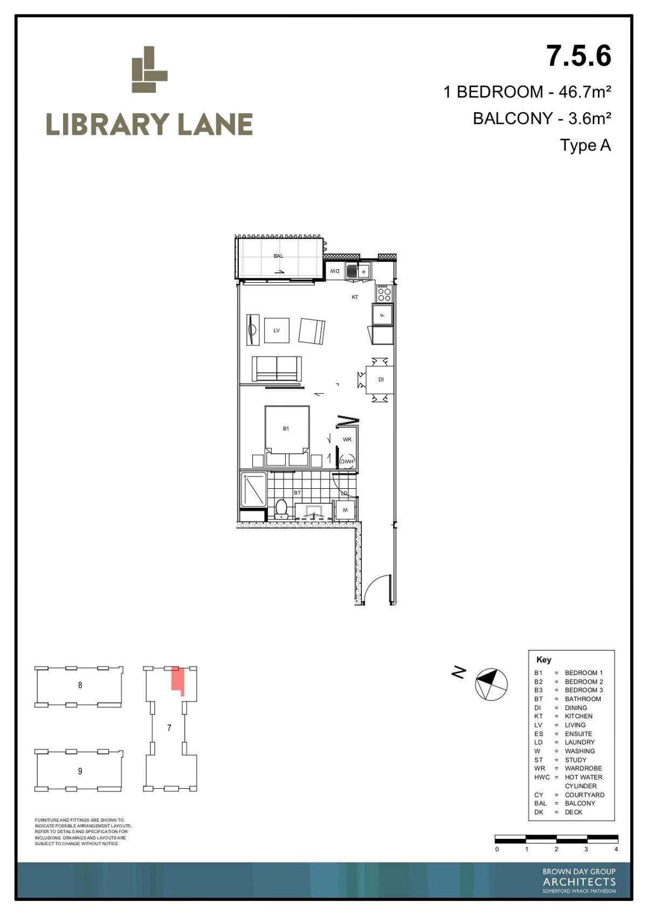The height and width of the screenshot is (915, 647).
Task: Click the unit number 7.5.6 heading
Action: pos(579,56)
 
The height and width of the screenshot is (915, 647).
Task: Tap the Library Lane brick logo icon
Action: pos(149,70)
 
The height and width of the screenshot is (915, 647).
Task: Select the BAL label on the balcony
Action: pos(278,256)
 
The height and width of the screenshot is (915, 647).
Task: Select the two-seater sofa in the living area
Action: pos(277,368)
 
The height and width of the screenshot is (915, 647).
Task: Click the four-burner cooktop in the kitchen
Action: pos(384,293)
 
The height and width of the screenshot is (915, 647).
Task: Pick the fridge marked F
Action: pos(382,315)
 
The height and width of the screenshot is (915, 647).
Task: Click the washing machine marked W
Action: pos(346,510)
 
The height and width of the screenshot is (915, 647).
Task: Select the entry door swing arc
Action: pos(375,588)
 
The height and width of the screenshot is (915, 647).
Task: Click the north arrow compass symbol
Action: pos(491,684)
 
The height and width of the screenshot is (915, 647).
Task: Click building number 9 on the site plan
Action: pos(80,771)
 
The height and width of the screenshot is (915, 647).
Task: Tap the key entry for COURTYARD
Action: pos(584,795)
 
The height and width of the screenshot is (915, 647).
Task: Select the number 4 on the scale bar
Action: pos(616,849)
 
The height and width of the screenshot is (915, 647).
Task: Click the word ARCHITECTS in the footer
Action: pos(579,882)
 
